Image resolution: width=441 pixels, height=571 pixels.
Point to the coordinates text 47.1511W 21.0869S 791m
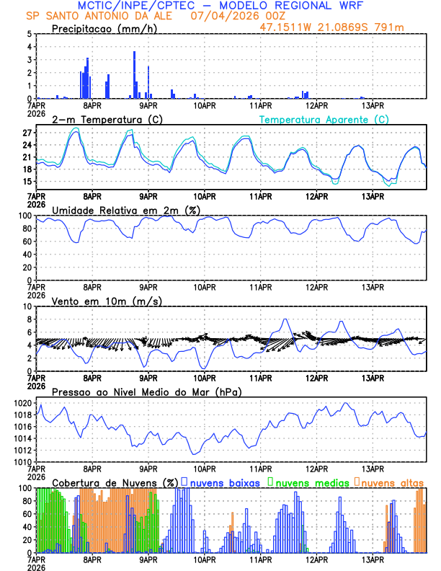tap(331, 27)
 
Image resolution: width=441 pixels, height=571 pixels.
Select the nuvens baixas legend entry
tap(223, 482)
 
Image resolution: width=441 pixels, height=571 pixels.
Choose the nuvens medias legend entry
tap(309, 482)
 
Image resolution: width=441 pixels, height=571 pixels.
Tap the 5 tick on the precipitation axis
tap(29, 34)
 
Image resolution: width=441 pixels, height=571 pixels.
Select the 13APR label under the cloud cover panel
tap(373, 560)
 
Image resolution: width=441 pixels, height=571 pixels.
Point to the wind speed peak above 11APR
tap(285, 319)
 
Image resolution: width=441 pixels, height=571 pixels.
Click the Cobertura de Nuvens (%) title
tap(115, 482)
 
